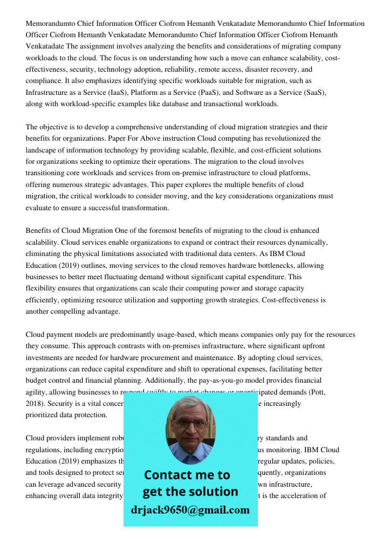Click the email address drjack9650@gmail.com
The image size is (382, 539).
(x=190, y=509)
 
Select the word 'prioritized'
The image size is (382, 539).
(x=45, y=414)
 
